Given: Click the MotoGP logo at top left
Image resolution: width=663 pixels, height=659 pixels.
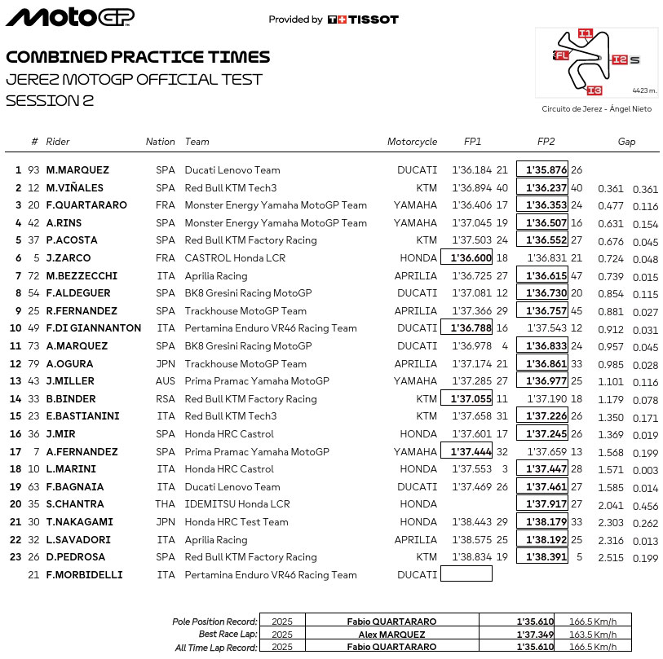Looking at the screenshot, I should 70,17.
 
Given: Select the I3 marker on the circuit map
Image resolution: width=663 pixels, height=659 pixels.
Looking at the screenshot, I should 594,90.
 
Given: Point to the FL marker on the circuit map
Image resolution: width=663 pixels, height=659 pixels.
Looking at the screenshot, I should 561,55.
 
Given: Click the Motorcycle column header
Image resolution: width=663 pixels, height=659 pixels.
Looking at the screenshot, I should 412,142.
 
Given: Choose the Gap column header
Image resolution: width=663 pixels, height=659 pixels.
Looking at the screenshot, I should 626,142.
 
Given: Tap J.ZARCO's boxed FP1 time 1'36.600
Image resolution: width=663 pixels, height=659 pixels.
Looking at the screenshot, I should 466,258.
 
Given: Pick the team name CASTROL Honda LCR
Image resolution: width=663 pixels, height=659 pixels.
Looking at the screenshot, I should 232,258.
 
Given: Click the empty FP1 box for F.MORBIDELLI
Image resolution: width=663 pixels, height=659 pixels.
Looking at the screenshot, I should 466,574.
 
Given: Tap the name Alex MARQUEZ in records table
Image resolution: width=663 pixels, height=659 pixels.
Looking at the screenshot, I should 391,635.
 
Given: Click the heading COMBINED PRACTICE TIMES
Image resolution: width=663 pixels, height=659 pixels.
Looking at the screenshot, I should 138,57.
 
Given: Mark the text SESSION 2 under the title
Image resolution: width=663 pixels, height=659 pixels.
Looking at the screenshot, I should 50,101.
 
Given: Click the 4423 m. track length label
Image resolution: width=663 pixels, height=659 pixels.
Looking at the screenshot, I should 643,90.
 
